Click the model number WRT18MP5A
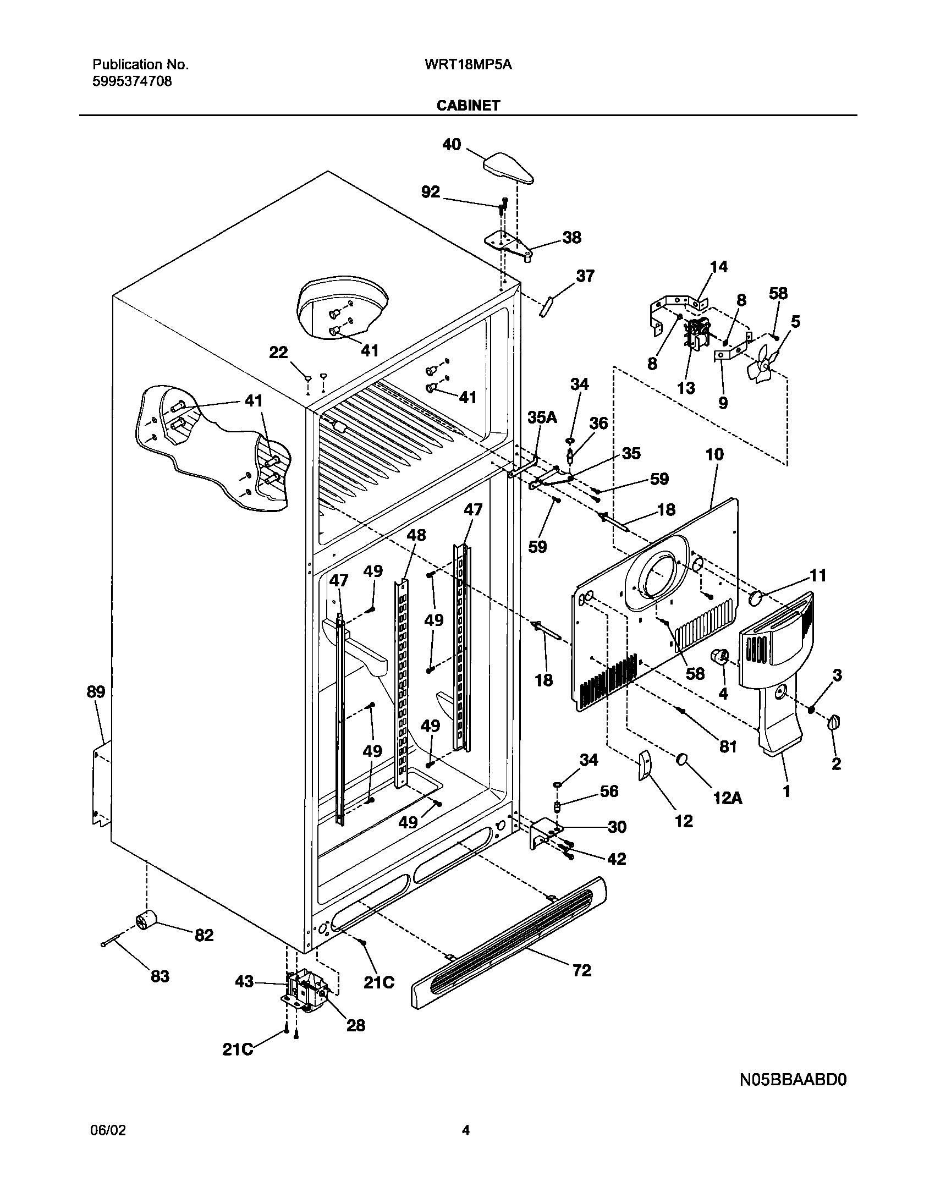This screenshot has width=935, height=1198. tap(468, 65)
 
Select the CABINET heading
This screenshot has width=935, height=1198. tap(468, 106)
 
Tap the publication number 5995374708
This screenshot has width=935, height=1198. tap(131, 82)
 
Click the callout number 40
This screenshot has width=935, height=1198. tap(452, 145)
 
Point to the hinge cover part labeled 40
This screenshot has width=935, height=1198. tap(509, 168)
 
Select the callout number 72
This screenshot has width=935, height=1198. tap(581, 970)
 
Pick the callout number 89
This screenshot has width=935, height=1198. tap(96, 692)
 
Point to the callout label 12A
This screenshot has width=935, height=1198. tap(727, 798)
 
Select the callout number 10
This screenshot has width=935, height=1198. tap(714, 454)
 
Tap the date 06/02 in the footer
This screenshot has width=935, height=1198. tap(107, 1130)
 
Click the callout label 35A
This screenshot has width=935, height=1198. tap(542, 418)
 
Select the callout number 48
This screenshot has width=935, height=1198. tap(416, 535)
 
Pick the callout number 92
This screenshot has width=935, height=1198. tap(431, 192)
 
